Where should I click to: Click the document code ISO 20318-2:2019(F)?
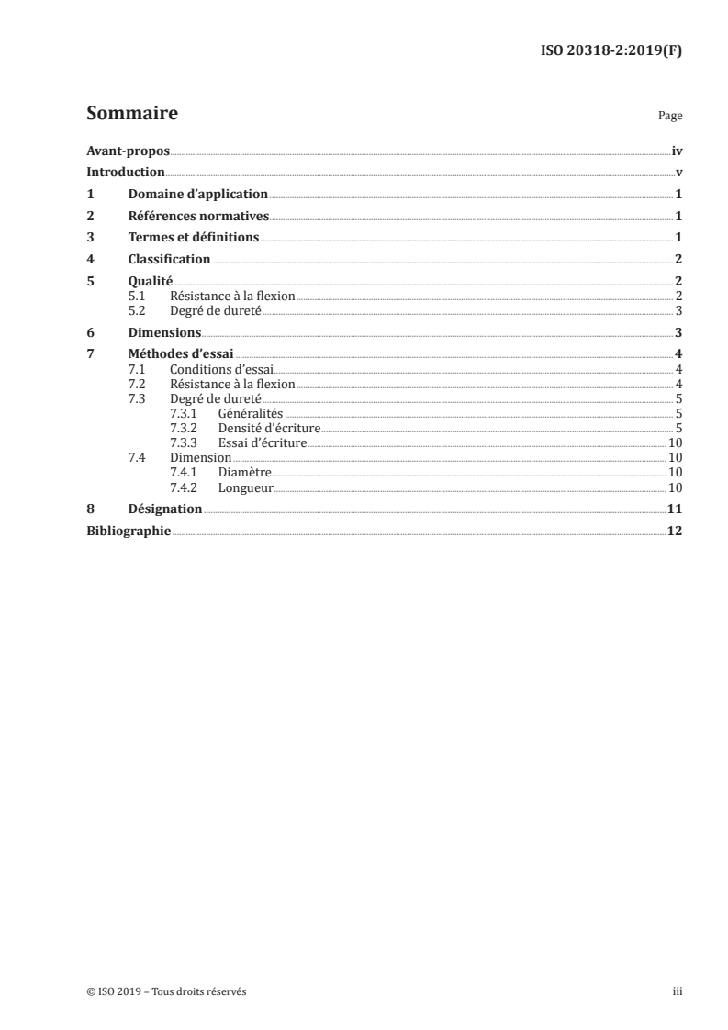[610, 52]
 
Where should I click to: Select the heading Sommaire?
[131, 114]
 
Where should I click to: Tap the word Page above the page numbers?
[670, 117]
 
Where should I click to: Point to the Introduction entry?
[126, 173]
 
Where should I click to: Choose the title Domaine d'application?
[198, 195]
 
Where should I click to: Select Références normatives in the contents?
[198, 217]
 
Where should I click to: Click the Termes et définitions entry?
[194, 238]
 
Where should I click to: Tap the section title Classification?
[170, 260]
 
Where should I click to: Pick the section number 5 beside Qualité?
[90, 282]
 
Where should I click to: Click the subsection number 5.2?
[138, 310]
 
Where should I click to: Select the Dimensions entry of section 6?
[165, 333]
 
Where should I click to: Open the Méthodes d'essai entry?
[182, 355]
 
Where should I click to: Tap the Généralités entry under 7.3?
[251, 414]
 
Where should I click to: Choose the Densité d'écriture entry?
[269, 429]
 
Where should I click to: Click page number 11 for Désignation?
[674, 509]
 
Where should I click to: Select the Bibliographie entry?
[129, 531]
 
